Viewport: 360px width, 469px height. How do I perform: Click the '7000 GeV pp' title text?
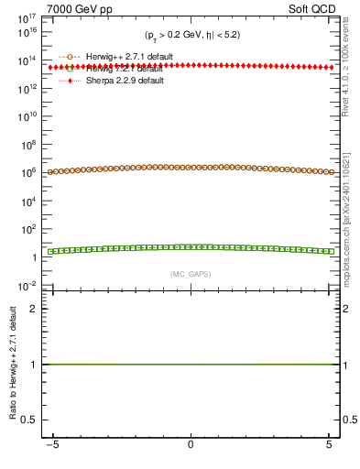pyautogui.click(x=52, y=8)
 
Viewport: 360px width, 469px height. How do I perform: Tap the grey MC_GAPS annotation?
pyautogui.click(x=190, y=274)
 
